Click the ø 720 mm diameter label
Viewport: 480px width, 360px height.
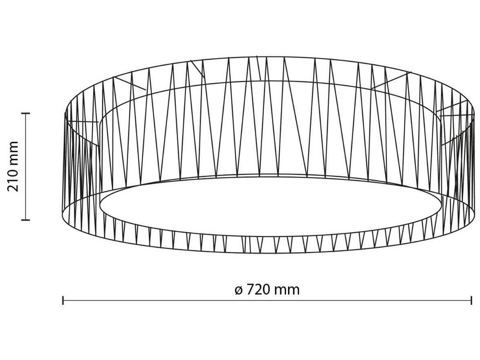coord(267,289)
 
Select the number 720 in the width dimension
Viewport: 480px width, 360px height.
coord(258,289)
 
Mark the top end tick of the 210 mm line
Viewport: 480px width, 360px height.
coord(26,114)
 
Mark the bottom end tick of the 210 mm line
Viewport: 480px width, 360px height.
coord(26,220)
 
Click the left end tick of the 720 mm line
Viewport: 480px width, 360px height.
coord(63,300)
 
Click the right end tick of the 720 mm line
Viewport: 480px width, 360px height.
coord(472,300)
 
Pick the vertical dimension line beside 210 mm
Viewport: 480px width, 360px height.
coord(26,166)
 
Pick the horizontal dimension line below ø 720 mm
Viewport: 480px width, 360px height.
coord(267,300)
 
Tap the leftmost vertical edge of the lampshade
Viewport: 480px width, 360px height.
coord(64,164)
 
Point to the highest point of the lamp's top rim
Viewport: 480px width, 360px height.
coord(268,57)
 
